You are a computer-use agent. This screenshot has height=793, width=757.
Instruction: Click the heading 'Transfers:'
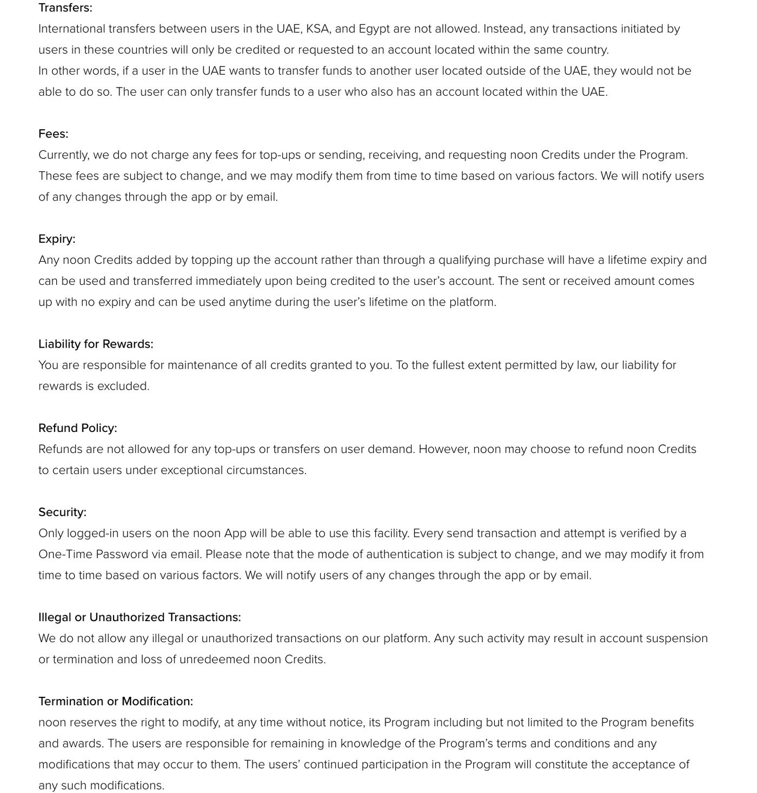(x=65, y=8)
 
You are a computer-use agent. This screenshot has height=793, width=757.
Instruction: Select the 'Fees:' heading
(x=54, y=134)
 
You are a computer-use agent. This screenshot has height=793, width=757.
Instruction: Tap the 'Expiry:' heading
(x=57, y=239)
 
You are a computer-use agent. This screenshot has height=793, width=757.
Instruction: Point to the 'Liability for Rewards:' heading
(x=96, y=344)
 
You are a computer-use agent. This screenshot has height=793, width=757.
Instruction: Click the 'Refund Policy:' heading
(x=78, y=428)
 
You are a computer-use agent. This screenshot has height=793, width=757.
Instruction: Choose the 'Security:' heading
(x=62, y=512)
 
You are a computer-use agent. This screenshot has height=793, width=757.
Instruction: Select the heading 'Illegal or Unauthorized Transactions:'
(x=140, y=617)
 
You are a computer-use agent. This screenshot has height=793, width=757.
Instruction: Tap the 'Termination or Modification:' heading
(x=116, y=701)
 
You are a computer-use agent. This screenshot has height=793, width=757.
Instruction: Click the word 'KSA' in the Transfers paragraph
(x=317, y=29)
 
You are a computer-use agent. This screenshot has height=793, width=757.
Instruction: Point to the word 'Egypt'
(x=374, y=29)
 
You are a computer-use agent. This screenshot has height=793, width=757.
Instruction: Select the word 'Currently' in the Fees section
(x=63, y=155)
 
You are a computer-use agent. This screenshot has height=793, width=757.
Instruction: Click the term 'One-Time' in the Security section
(x=65, y=555)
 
